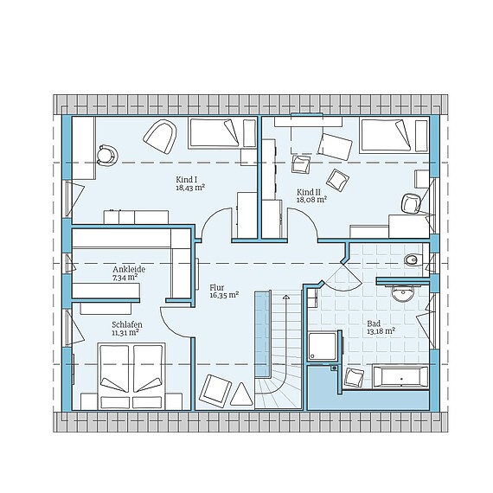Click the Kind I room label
click(x=187, y=180)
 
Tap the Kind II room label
click(x=306, y=192)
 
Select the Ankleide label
click(x=125, y=270)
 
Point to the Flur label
click(x=217, y=288)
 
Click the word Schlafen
click(x=127, y=324)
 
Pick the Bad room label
click(x=374, y=323)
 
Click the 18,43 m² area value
click(x=190, y=188)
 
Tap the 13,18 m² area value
click(x=381, y=331)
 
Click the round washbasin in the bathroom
click(x=402, y=294)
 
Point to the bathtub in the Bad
click(x=400, y=376)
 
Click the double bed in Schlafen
click(x=131, y=376)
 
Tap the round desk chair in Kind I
click(x=107, y=155)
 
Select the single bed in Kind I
click(x=222, y=132)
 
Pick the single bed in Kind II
click(x=394, y=135)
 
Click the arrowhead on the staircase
click(x=285, y=297)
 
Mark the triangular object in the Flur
click(x=241, y=394)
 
